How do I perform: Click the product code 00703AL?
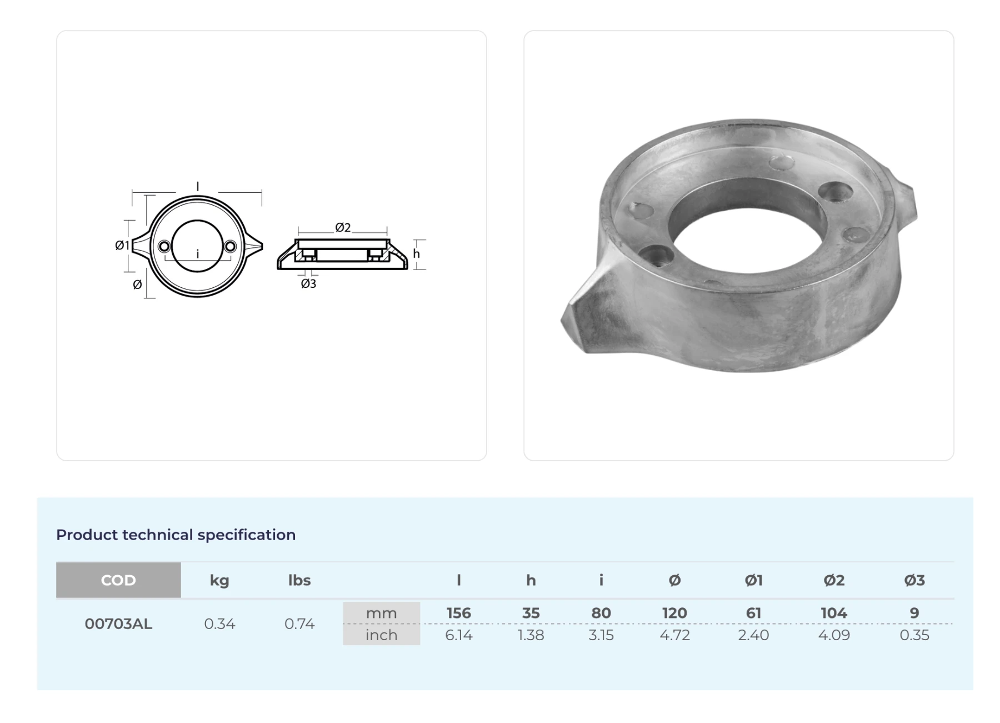(118, 624)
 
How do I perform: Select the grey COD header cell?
(118, 580)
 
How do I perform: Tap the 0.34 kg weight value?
(219, 624)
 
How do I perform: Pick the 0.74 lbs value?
(299, 624)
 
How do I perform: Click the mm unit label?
(381, 613)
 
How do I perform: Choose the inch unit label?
(381, 635)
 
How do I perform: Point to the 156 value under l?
(459, 613)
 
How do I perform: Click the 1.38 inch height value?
(531, 635)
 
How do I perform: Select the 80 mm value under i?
(601, 613)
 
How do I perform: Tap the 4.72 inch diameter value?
(675, 635)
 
